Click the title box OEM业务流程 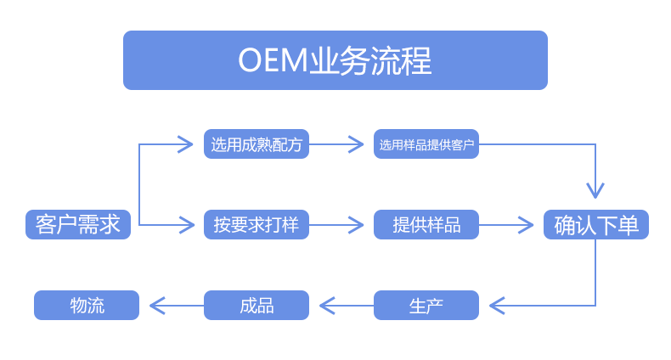click(x=335, y=60)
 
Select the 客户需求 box click(x=78, y=224)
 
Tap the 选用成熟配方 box click(x=256, y=144)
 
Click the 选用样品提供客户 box click(x=426, y=144)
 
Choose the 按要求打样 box click(x=256, y=225)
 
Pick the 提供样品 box click(x=426, y=225)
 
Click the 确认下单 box click(x=595, y=225)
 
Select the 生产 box click(x=426, y=305)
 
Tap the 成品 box click(x=256, y=305)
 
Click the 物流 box click(x=87, y=305)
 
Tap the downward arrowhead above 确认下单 click(x=595, y=190)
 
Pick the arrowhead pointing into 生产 click(x=497, y=305)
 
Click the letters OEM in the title click(x=268, y=61)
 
